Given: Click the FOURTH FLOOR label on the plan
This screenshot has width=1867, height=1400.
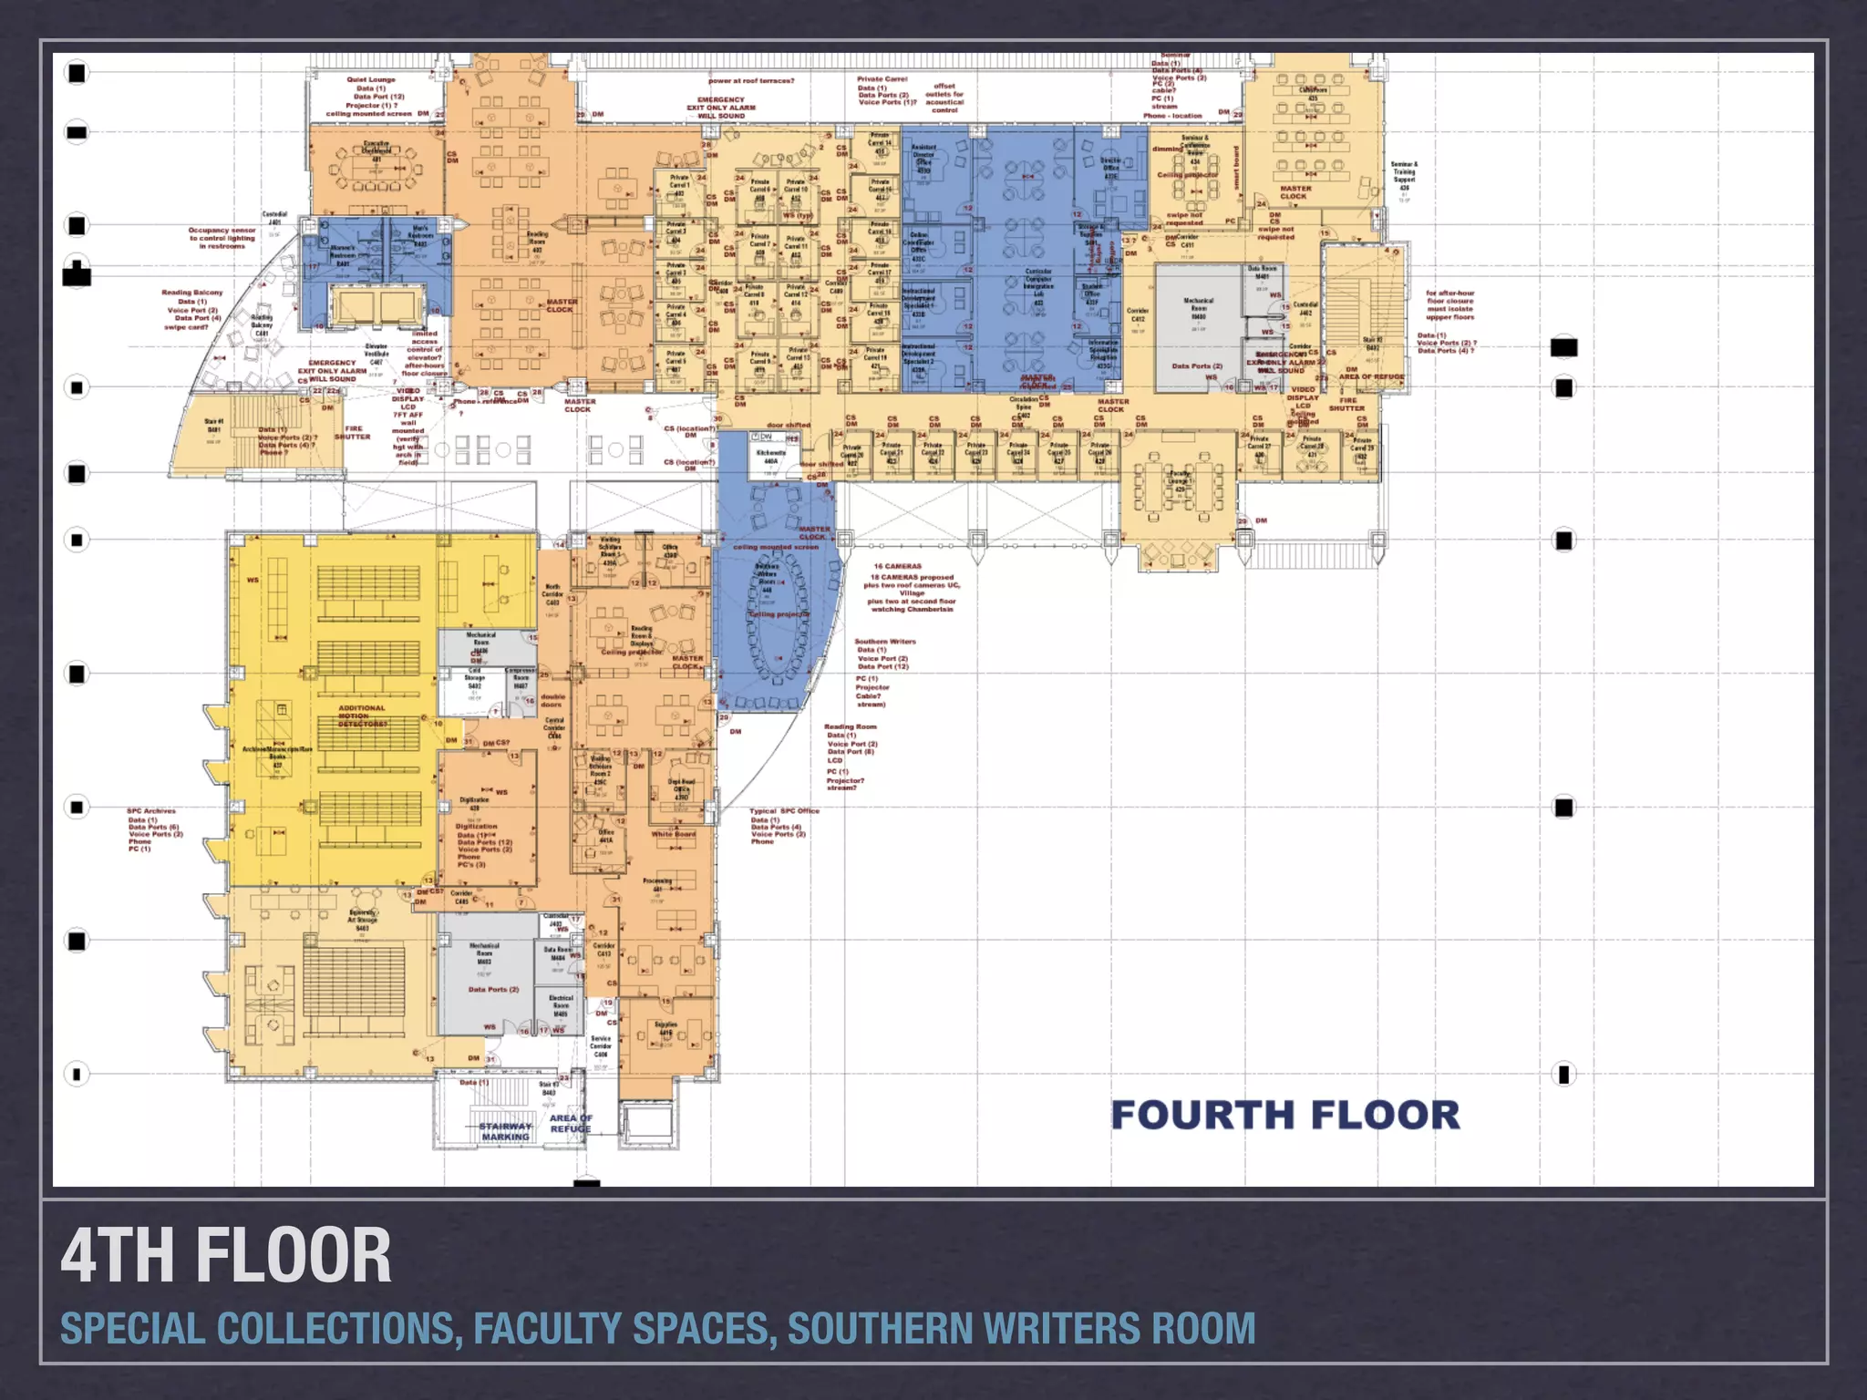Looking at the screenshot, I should click(x=1284, y=1115).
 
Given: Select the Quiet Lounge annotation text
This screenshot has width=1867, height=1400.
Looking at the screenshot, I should click(x=370, y=80).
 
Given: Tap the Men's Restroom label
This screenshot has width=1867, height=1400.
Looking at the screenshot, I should click(x=420, y=235).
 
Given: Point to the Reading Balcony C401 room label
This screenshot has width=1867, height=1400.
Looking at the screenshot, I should click(x=262, y=325).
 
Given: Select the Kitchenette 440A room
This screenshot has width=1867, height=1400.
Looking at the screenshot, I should click(x=771, y=457).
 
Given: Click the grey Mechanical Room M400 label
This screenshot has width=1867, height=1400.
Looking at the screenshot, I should click(x=1198, y=308).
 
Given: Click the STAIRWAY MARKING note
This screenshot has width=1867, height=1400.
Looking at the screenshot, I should click(x=505, y=1131).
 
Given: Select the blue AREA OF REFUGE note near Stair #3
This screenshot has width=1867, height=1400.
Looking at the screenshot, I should click(x=571, y=1123).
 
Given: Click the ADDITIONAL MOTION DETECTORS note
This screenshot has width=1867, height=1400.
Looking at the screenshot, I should click(x=362, y=715).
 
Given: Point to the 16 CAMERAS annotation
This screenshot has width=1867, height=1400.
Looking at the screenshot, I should click(x=897, y=566).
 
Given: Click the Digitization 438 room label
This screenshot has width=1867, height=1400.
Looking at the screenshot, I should click(x=474, y=803).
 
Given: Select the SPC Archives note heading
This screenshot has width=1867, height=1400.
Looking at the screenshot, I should click(x=151, y=810).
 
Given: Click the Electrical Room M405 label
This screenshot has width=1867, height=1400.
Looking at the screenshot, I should click(x=561, y=1005).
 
